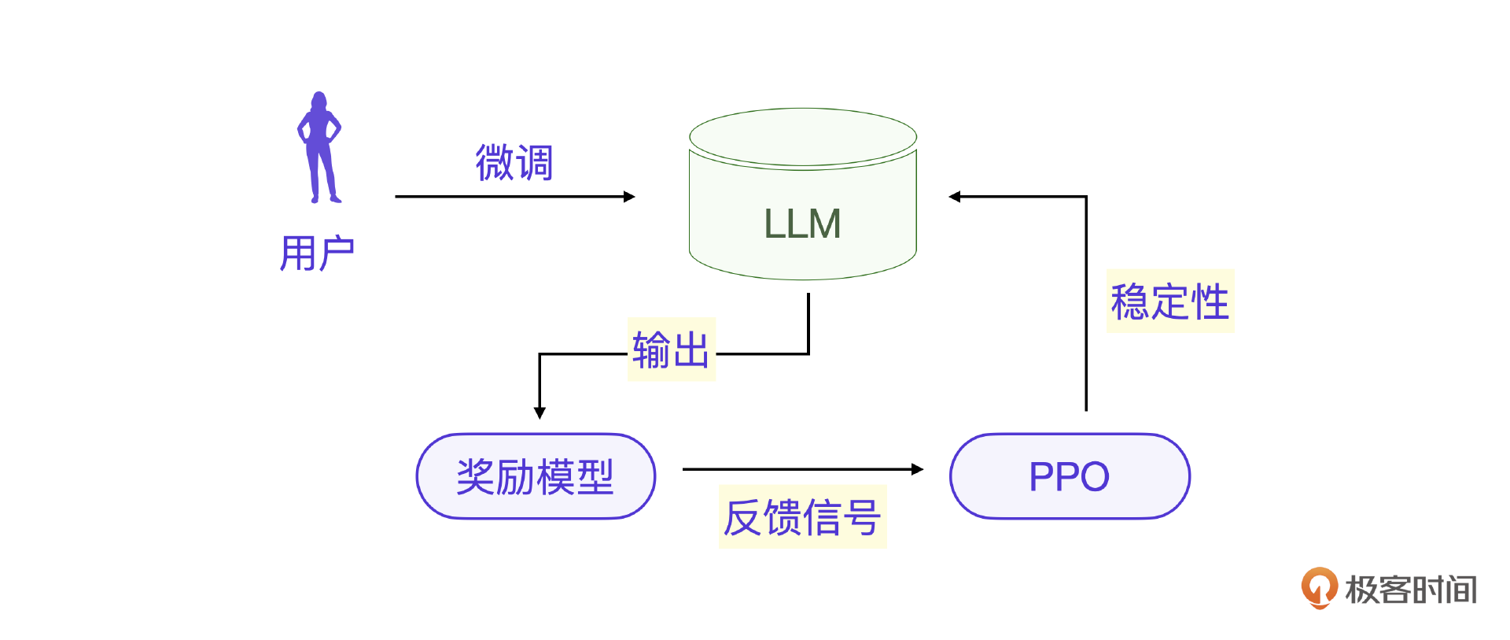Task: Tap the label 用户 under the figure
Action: click(317, 253)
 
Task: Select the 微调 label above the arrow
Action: click(514, 163)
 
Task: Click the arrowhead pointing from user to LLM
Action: click(629, 197)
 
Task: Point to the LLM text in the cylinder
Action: click(802, 224)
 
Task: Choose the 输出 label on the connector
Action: click(671, 350)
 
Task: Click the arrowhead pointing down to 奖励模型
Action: click(540, 412)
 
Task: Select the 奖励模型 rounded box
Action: click(536, 476)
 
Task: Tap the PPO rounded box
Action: click(1070, 476)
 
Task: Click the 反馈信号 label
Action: click(802, 517)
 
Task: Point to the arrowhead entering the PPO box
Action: click(917, 469)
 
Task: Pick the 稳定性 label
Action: click(1170, 302)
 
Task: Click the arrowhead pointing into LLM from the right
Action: click(955, 197)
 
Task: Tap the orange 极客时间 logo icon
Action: click(1319, 587)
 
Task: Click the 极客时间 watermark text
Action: click(1411, 590)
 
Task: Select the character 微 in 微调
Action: click(495, 163)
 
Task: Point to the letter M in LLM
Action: click(825, 224)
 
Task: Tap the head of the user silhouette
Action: click(319, 100)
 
